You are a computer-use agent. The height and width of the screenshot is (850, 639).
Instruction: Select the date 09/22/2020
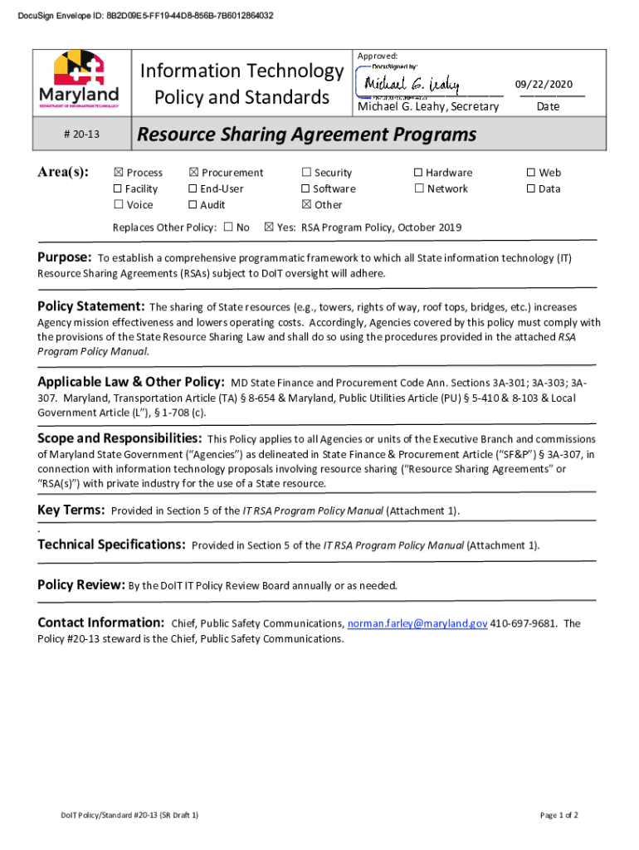click(x=544, y=85)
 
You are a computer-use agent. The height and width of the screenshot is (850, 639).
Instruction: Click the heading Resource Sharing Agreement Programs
click(x=306, y=134)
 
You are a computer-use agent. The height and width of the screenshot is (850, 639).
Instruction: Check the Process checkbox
click(x=118, y=173)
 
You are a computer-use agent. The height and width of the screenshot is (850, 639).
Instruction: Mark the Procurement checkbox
click(x=193, y=173)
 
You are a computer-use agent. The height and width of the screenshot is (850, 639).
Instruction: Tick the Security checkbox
click(x=306, y=173)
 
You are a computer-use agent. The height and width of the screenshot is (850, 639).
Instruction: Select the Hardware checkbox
click(x=418, y=173)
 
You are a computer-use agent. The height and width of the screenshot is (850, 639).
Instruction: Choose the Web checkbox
click(x=531, y=173)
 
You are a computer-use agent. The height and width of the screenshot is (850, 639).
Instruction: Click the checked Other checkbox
click(x=306, y=205)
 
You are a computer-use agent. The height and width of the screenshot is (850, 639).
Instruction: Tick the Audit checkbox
click(x=193, y=205)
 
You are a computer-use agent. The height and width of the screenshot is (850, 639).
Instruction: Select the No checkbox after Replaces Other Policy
click(x=228, y=227)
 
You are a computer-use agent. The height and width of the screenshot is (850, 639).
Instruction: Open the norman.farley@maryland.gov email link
click(x=417, y=623)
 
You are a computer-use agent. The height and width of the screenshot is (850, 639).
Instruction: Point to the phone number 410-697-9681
click(x=524, y=623)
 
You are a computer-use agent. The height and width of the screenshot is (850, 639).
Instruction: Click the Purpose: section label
click(x=64, y=257)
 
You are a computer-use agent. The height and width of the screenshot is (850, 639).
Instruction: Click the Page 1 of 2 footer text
click(x=559, y=816)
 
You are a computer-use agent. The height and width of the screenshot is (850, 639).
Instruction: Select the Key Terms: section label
click(x=71, y=510)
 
